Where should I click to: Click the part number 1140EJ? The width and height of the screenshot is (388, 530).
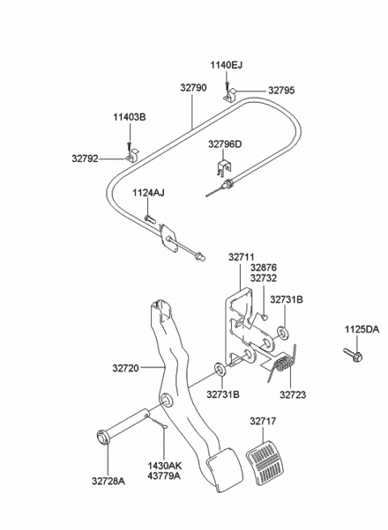pos(226,65)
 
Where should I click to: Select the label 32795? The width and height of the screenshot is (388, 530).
pos(281,91)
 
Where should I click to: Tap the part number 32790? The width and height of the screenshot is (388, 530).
pos(193,87)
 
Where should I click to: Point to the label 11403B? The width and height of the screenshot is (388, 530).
pos(129,117)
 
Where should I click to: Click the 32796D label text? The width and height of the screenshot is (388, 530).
pos(225,144)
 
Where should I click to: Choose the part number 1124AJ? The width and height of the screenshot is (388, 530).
pos(148,193)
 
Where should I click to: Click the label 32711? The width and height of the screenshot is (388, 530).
pos(241,257)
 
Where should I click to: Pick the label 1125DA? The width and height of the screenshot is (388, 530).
pos(361,329)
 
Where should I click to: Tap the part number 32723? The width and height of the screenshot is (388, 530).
pos(293,394)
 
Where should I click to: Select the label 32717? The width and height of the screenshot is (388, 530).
pos(263,421)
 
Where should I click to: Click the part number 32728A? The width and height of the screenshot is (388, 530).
pos(108,481)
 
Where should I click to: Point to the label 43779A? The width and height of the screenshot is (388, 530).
pos(164,476)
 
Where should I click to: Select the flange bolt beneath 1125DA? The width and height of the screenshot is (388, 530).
pos(353,354)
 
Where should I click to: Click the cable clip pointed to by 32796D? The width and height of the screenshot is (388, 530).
pos(224,167)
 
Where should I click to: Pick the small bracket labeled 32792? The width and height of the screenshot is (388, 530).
pos(133,156)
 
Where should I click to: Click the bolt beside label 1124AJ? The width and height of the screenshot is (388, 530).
pos(150,218)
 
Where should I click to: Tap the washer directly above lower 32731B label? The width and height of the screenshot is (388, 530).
pos(220,370)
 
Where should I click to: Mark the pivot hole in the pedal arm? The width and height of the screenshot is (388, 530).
pos(167,400)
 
